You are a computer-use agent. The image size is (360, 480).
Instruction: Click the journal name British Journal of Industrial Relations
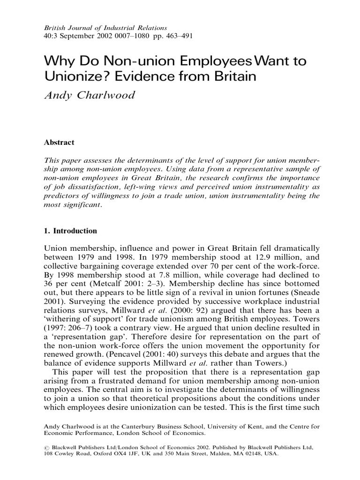[105, 28]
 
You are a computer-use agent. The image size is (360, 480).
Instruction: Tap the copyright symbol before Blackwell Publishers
[46, 448]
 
